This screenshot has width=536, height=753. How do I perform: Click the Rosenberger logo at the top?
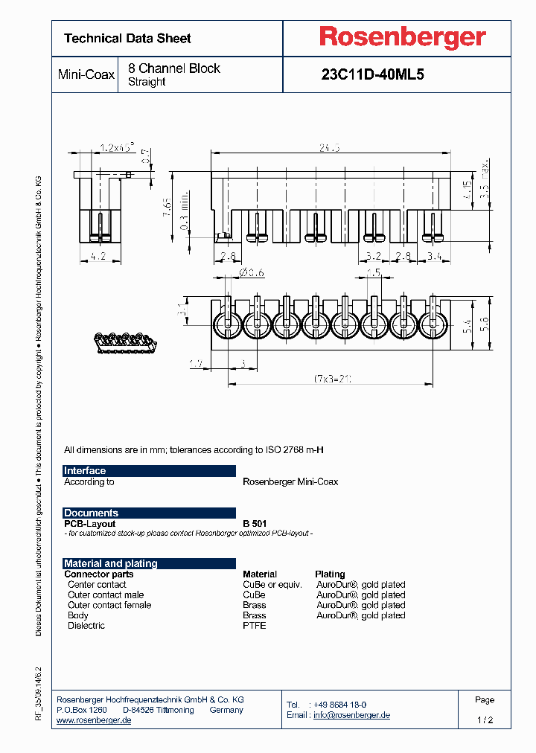tap(403, 36)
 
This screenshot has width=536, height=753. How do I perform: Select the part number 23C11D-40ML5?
tap(372, 74)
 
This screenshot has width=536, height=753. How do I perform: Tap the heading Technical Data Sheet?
tap(127, 38)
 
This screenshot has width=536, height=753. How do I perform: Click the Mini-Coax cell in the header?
tap(86, 75)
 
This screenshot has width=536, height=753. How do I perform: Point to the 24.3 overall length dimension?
tap(329, 148)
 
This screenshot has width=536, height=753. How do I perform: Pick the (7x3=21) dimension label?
tap(334, 378)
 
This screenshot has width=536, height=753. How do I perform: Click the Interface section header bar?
tap(149, 471)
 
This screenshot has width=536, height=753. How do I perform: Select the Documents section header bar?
tap(149, 513)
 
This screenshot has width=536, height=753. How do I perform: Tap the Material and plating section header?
tap(149, 564)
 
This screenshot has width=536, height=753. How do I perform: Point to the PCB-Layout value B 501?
tap(255, 524)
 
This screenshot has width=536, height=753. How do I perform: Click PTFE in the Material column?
tap(254, 626)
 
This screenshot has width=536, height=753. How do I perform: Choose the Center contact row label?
tap(97, 585)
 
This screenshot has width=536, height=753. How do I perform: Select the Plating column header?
tap(330, 574)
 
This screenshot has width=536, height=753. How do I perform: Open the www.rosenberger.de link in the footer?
tap(94, 721)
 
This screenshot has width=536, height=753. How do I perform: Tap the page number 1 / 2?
tap(485, 720)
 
